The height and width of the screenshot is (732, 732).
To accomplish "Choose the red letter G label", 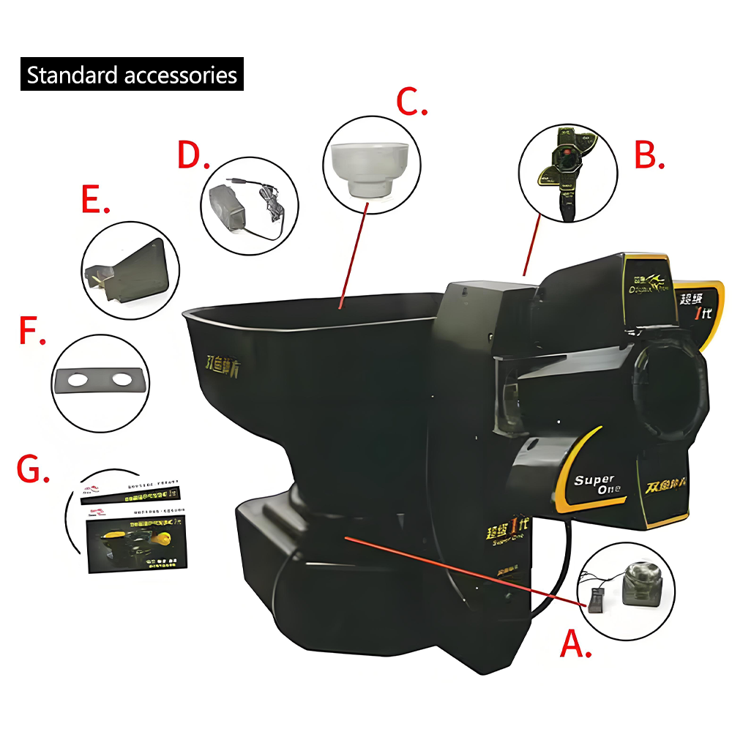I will click(x=33, y=468).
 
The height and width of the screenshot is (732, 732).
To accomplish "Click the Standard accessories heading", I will click(x=132, y=75).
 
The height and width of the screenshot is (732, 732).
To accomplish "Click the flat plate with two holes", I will click(x=100, y=381).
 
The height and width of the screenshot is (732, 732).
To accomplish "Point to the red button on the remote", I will click(x=567, y=153).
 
